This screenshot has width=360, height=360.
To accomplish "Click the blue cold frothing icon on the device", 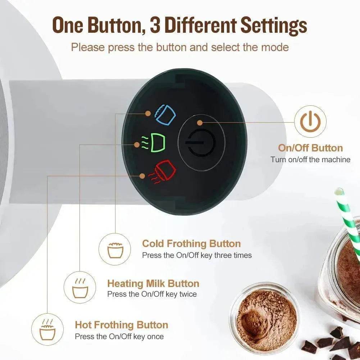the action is (x=165, y=115).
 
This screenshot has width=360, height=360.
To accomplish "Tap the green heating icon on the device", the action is (x=153, y=143).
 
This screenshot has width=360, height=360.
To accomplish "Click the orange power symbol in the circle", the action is (x=310, y=122).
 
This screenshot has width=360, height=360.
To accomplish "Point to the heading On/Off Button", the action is (x=310, y=148).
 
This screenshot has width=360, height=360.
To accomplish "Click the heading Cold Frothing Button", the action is (x=191, y=243).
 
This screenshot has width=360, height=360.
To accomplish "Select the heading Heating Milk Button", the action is (x=153, y=283).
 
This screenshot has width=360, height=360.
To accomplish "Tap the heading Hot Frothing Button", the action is (x=122, y=325).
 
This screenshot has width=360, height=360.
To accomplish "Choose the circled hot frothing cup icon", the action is (x=47, y=329).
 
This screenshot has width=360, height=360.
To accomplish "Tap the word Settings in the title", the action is (x=274, y=26).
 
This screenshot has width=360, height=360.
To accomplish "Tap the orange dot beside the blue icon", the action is (x=148, y=113).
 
